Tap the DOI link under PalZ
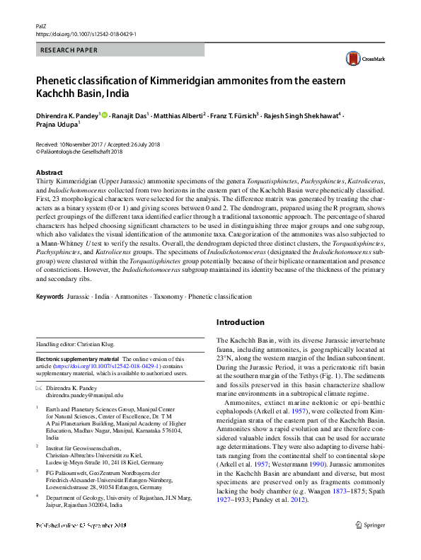(x=86, y=33)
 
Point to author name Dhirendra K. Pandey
(x=67, y=115)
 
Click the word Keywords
(x=50, y=296)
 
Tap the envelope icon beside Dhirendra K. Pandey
(x=40, y=388)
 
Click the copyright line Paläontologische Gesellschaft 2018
(x=82, y=151)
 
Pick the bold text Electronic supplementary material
(x=78, y=359)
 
